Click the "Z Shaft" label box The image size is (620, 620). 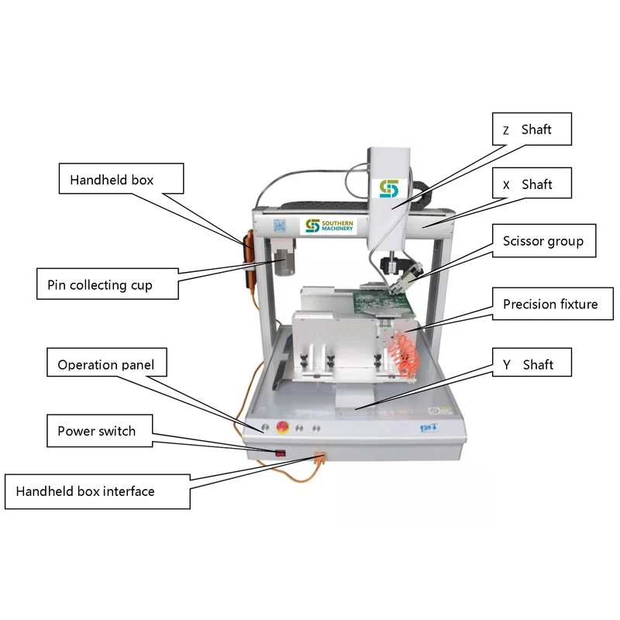click(x=532, y=129)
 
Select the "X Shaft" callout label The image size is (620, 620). click(x=532, y=184)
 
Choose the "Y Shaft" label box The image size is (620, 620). click(x=532, y=363)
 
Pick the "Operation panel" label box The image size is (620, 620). click(x=105, y=364)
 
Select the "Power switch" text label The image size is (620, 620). click(x=96, y=430)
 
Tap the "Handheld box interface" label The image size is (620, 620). click(x=96, y=491)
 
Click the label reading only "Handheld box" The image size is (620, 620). click(x=122, y=180)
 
